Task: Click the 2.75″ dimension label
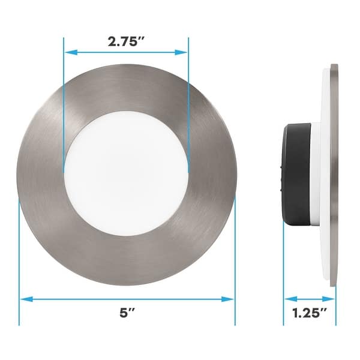pyautogui.click(x=126, y=42)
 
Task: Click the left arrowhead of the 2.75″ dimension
pyautogui.click(x=68, y=52)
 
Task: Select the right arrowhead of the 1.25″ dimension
pyautogui.click(x=332, y=298)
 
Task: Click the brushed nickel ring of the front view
pyautogui.click(x=48, y=174)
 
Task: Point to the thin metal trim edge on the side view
pyautogui.click(x=334, y=174)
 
